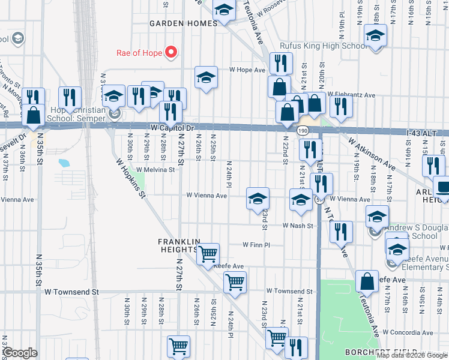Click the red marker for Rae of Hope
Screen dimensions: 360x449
[170, 53]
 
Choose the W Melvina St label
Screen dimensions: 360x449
[155, 170]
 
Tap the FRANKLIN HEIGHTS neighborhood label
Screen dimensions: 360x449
[178, 245]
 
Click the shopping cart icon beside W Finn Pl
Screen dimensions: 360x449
[208, 253]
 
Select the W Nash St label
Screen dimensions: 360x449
[298, 226]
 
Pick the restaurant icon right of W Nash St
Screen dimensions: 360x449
[341, 232]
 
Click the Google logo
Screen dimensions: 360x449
[20, 353]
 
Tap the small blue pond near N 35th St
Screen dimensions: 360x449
[64, 163]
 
